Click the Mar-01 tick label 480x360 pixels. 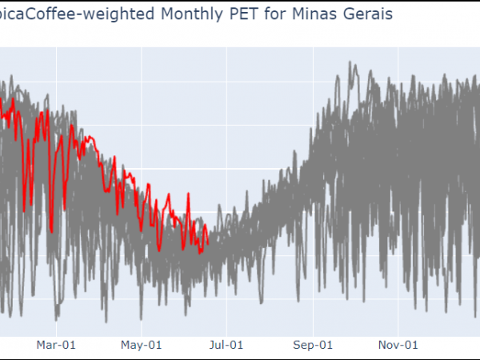click(57, 345)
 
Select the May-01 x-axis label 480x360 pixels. click(142, 345)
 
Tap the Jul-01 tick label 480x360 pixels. click(226, 345)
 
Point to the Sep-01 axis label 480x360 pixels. click(313, 345)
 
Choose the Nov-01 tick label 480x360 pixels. click(398, 345)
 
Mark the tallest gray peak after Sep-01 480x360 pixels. click(350, 63)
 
